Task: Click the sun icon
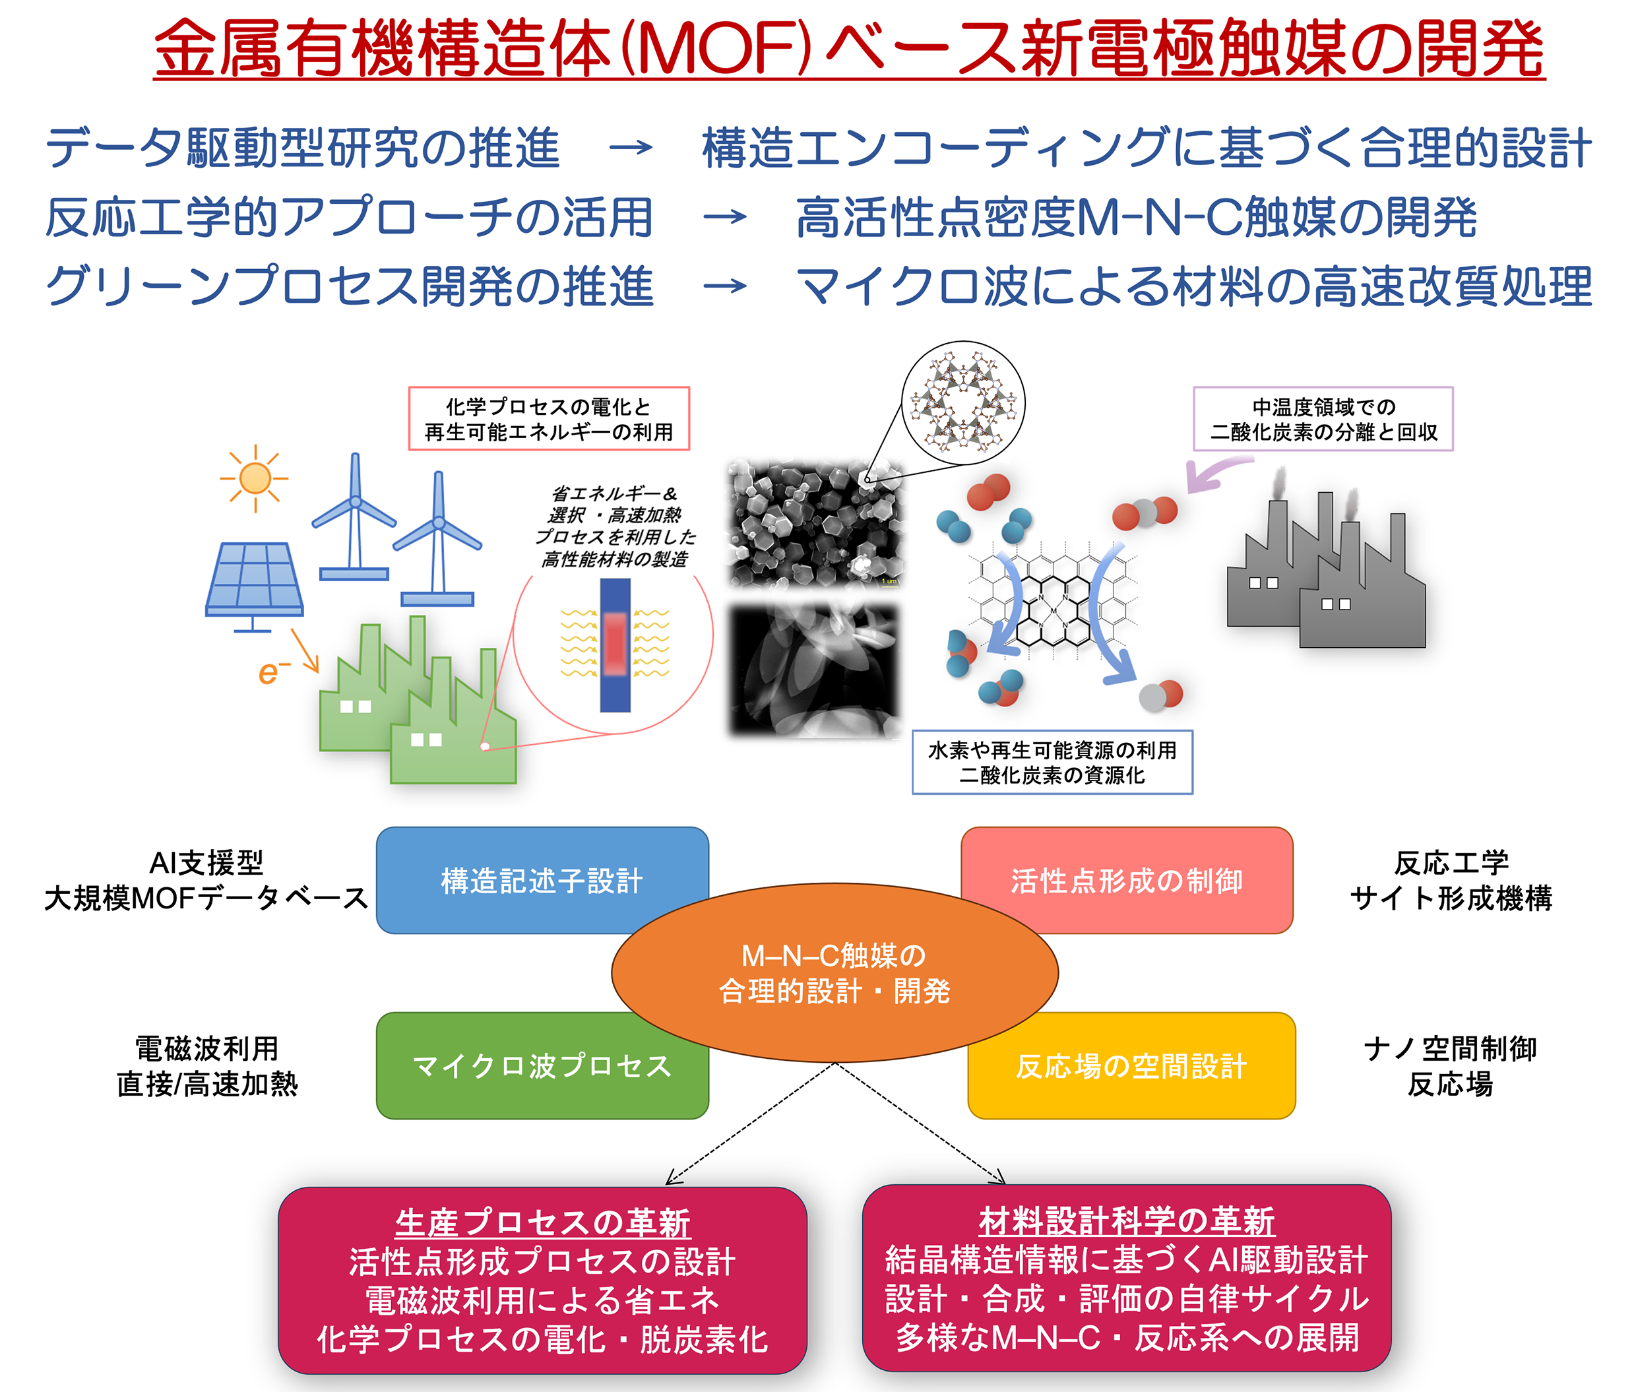254,478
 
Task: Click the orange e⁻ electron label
273,672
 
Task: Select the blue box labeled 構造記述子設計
542,880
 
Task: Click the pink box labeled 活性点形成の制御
1126,880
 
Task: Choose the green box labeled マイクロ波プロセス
542,1065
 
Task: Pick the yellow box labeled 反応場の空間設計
1131,1065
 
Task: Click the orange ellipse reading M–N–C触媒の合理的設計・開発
834,972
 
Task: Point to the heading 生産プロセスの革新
543,1222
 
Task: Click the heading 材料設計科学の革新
1126,1220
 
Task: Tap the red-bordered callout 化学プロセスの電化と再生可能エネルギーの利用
548,418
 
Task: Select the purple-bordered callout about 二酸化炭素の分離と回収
1323,418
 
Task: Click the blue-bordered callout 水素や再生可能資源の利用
1052,762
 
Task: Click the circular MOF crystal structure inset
963,402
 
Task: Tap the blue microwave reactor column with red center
615,645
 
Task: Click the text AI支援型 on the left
206,862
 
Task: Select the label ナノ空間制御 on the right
1451,1049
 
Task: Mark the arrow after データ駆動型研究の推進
631,148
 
